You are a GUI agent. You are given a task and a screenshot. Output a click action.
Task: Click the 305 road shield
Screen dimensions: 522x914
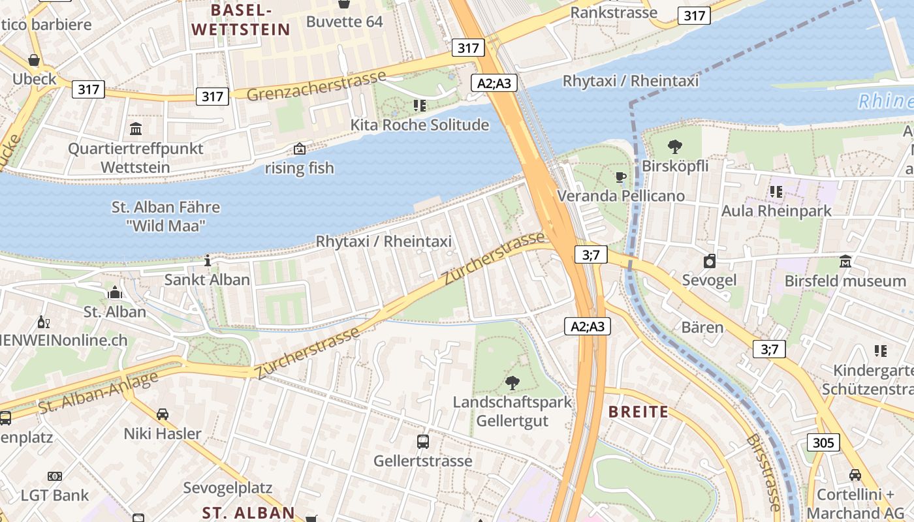pyautogui.click(x=824, y=443)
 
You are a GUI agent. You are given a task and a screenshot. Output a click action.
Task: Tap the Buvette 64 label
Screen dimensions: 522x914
pyautogui.click(x=344, y=22)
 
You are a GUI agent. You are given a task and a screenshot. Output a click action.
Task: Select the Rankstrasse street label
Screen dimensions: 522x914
pyautogui.click(x=614, y=12)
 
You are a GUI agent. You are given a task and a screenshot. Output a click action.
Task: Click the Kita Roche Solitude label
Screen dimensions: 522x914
pyautogui.click(x=419, y=125)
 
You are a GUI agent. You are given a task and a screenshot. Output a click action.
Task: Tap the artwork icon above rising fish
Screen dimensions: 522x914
pyautogui.click(x=299, y=149)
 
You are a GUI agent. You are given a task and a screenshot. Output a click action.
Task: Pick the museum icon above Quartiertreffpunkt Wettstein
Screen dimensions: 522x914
pyautogui.click(x=136, y=129)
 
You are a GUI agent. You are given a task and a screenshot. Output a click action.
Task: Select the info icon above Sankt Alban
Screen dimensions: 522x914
pyautogui.click(x=208, y=260)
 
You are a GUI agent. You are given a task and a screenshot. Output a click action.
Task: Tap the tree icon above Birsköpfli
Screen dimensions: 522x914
pyautogui.click(x=675, y=147)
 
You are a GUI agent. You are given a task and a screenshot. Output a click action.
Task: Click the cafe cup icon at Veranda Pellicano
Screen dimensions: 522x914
pyautogui.click(x=621, y=177)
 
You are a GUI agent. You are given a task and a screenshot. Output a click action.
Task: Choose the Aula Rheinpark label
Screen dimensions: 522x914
pyautogui.click(x=776, y=211)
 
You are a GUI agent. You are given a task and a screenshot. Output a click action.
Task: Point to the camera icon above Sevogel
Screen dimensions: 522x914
pyautogui.click(x=710, y=262)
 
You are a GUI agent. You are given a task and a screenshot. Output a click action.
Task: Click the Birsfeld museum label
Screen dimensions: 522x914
pyautogui.click(x=845, y=281)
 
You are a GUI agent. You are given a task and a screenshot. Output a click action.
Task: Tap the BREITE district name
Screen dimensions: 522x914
pyautogui.click(x=638, y=412)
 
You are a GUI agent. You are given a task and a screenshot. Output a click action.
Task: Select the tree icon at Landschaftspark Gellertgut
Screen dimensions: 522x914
pyautogui.click(x=512, y=383)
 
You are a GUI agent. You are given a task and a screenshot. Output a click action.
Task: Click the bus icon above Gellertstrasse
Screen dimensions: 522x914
pyautogui.click(x=423, y=442)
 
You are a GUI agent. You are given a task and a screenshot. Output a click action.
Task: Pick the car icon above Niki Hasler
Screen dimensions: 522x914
pyautogui.click(x=163, y=414)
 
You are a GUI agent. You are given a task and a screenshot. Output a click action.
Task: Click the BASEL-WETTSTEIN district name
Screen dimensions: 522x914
pyautogui.click(x=241, y=20)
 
